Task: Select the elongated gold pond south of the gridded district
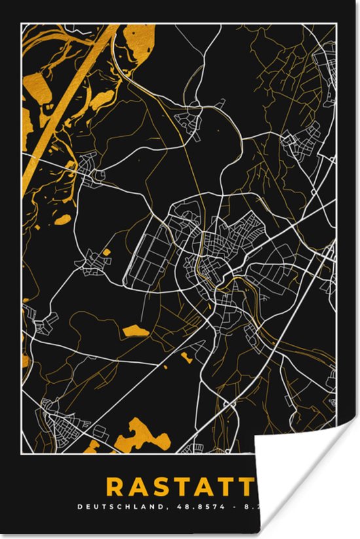pyautogui.click(x=135, y=331)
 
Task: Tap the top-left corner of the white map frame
pyautogui.click(x=22, y=24)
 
